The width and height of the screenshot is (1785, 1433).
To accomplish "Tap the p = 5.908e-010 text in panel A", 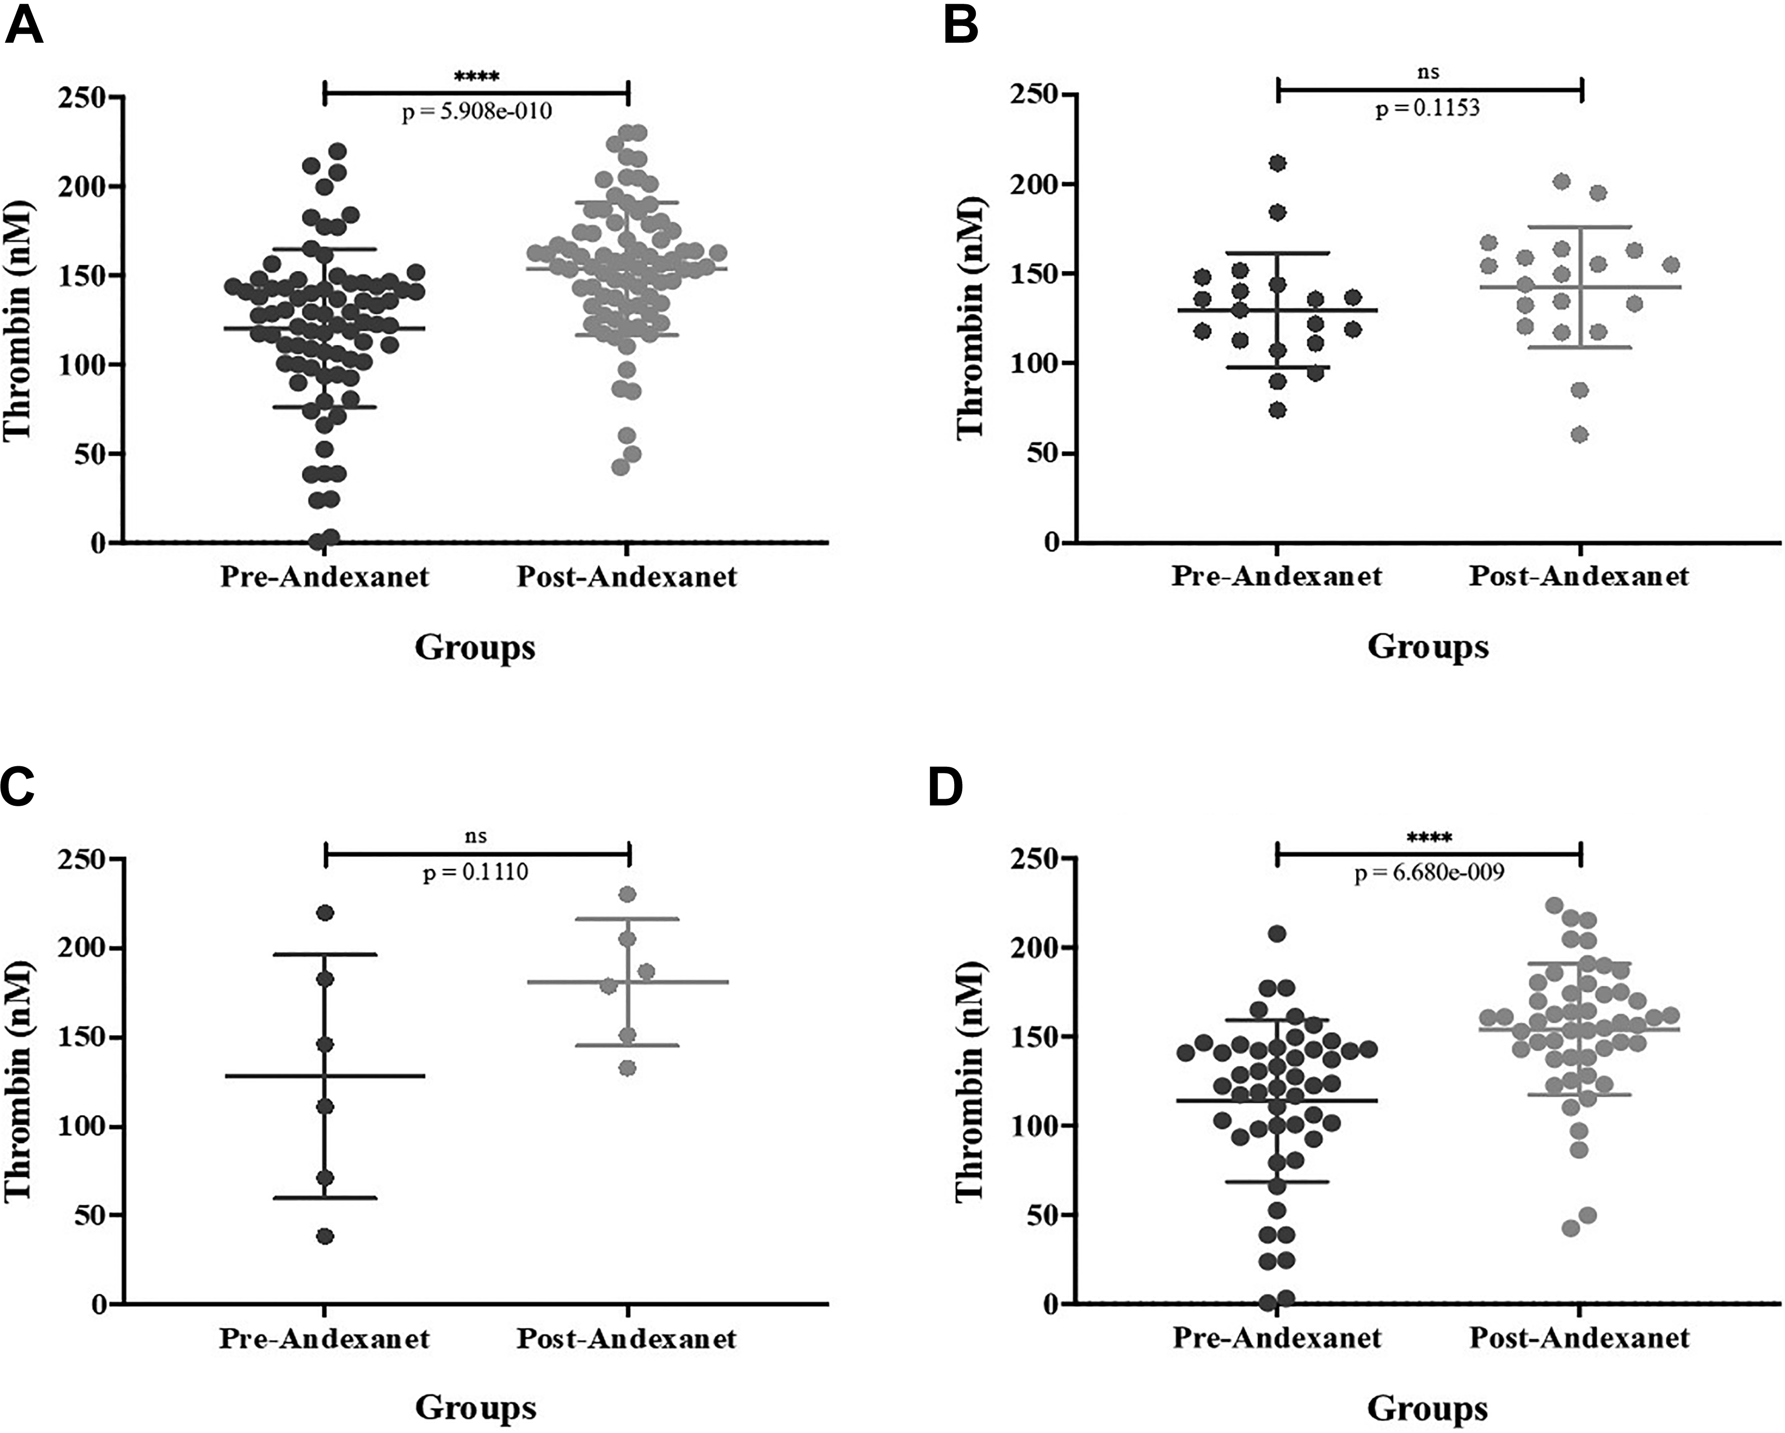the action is coord(477,111).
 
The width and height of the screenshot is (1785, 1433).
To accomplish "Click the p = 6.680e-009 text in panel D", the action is coord(1429,873).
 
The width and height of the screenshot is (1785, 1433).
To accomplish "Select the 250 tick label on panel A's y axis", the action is coord(83,98).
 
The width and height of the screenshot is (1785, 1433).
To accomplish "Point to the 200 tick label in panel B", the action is coord(1035,184).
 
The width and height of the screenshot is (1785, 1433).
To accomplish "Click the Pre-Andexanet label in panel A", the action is coord(325,576).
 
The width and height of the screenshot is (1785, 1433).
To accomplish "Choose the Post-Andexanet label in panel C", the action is coord(627,1338).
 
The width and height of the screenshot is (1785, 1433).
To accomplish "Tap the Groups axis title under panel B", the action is coord(1427,647).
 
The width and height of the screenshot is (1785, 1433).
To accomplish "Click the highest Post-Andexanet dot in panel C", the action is coord(627,894).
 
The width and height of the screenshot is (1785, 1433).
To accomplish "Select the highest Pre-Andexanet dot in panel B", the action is coord(1278,163).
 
